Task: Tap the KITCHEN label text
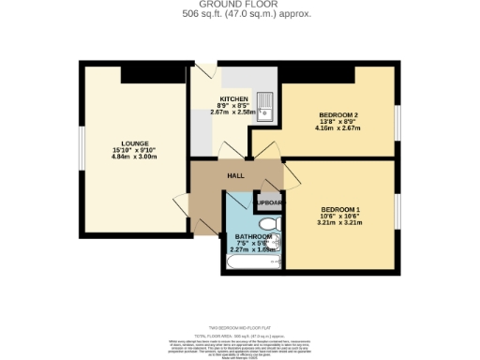[x=233, y=98]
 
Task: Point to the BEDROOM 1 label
[x=339, y=208]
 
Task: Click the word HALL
[x=236, y=175]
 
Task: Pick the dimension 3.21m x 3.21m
[x=339, y=223]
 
